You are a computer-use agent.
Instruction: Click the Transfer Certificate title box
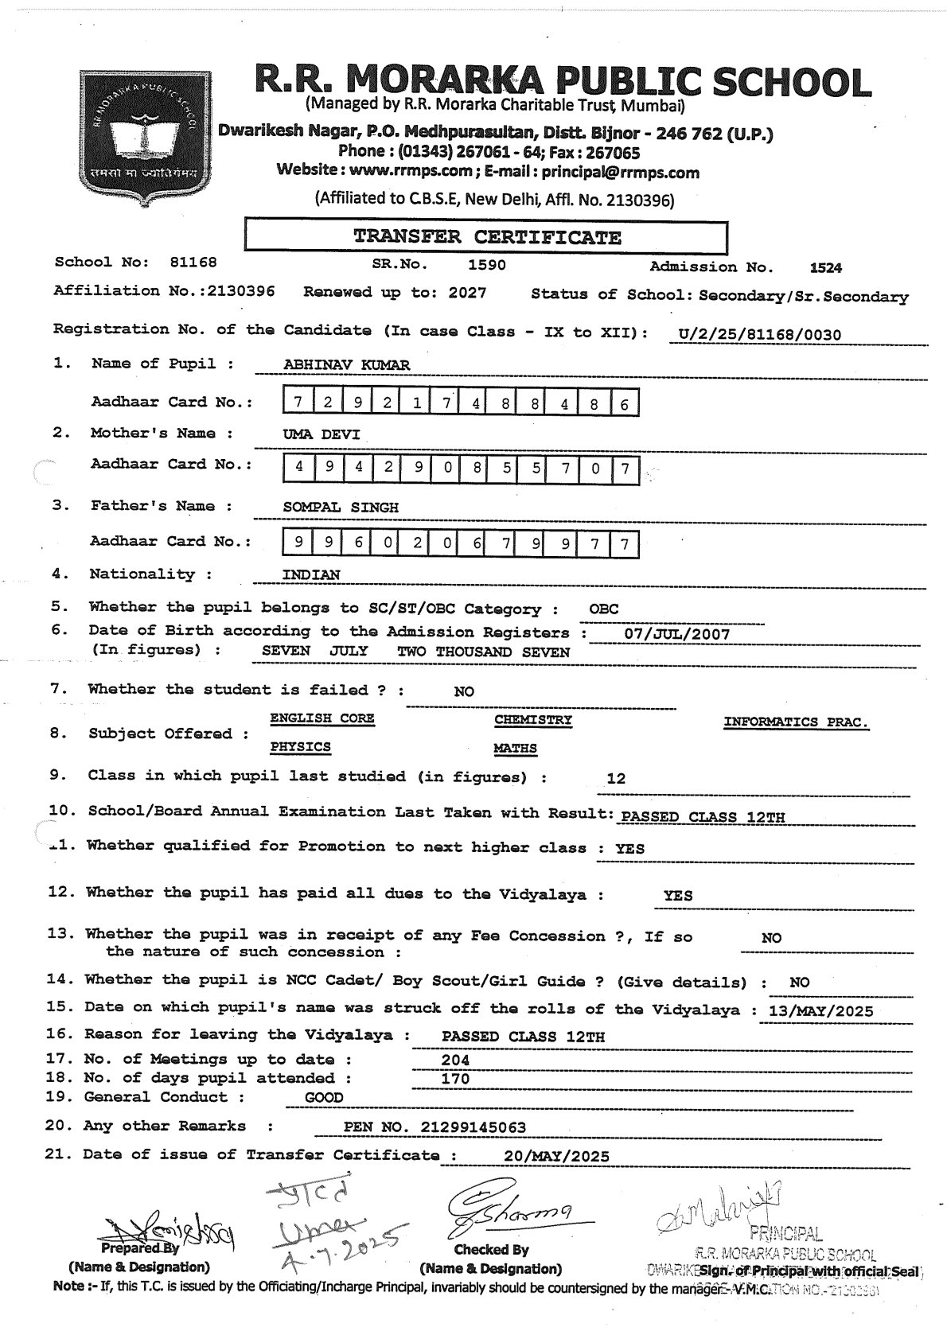point(486,237)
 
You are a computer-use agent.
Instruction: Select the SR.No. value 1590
point(486,265)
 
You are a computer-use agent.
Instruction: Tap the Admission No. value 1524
point(825,268)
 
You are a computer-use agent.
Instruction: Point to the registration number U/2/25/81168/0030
point(756,335)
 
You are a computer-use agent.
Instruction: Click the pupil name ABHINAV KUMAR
point(347,365)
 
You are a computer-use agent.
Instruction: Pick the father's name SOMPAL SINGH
point(341,507)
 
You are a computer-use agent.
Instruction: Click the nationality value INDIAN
point(311,574)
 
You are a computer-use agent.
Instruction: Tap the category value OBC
point(604,609)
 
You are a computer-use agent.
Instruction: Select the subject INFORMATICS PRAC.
point(796,722)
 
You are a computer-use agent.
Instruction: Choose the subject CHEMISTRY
point(533,720)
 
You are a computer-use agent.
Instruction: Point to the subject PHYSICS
point(300,748)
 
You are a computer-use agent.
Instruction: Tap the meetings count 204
point(455,1060)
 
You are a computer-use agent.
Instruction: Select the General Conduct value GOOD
point(324,1098)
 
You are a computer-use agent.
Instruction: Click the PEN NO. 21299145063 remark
point(435,1127)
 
